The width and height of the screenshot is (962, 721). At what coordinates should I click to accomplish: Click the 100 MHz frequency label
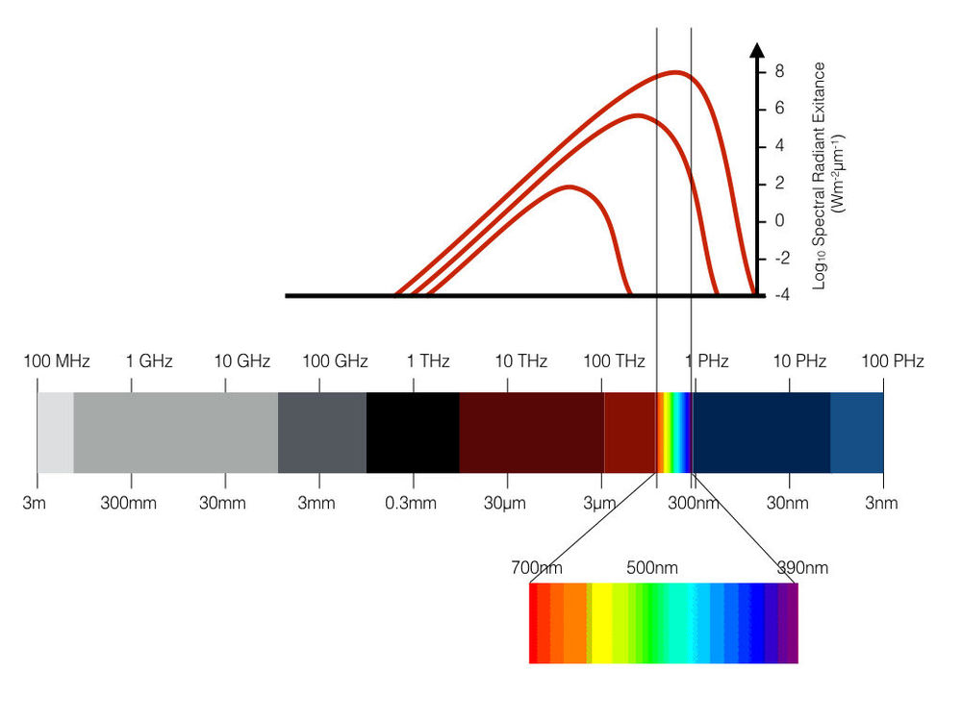tap(57, 362)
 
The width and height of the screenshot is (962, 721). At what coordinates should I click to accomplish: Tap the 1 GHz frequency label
tap(149, 362)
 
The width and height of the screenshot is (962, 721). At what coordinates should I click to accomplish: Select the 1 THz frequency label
tap(428, 362)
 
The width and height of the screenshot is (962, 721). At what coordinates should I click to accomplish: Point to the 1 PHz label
tap(707, 362)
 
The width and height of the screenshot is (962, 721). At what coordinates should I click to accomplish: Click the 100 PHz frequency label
tap(892, 362)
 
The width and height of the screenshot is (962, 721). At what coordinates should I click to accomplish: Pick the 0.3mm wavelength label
tap(411, 503)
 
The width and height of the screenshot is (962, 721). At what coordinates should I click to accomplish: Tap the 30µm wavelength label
tap(502, 503)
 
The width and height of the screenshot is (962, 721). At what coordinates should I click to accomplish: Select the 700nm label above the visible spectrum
tap(531, 567)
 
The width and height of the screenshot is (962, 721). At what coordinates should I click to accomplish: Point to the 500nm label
tap(652, 567)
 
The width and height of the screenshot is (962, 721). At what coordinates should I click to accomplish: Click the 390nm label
tap(802, 567)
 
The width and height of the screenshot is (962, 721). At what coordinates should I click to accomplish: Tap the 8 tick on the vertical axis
tap(779, 71)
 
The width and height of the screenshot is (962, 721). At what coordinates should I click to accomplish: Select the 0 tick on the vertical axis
tap(779, 221)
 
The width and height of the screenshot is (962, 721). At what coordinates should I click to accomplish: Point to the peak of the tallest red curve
tap(676, 72)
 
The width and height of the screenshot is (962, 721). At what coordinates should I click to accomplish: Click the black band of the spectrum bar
tap(413, 433)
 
